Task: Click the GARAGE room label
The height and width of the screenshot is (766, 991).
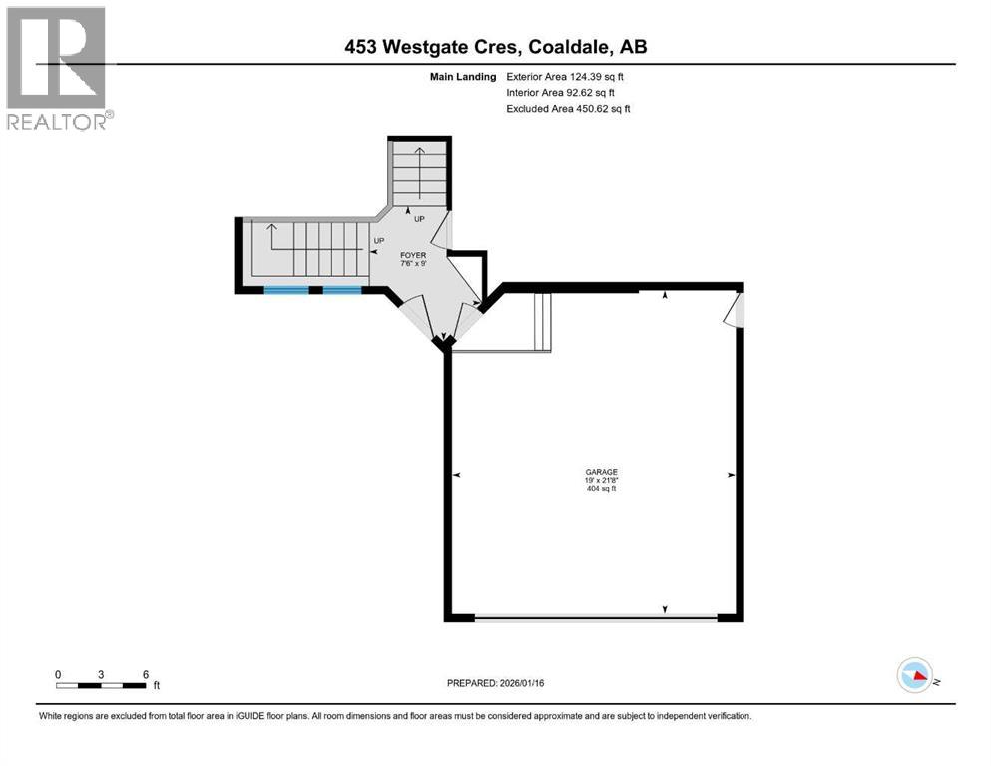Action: coord(601,472)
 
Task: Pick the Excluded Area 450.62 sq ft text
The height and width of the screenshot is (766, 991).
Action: coord(569,108)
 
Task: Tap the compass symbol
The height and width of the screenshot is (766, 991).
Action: coord(914,676)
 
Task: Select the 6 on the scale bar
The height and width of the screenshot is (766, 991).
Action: coord(146,674)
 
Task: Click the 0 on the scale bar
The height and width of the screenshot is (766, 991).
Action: coord(58,674)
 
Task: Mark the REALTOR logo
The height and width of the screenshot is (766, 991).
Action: coord(57,68)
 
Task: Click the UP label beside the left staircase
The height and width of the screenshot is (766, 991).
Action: coord(378,241)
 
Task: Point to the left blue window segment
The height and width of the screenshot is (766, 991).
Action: coord(286,290)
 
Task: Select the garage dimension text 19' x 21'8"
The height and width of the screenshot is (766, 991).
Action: coord(601,481)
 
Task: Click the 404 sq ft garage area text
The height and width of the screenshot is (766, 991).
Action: coord(601,489)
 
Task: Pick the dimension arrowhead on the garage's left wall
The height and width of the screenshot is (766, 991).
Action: coord(456,475)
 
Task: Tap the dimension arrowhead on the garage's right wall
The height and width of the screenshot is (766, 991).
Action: coord(732,475)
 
